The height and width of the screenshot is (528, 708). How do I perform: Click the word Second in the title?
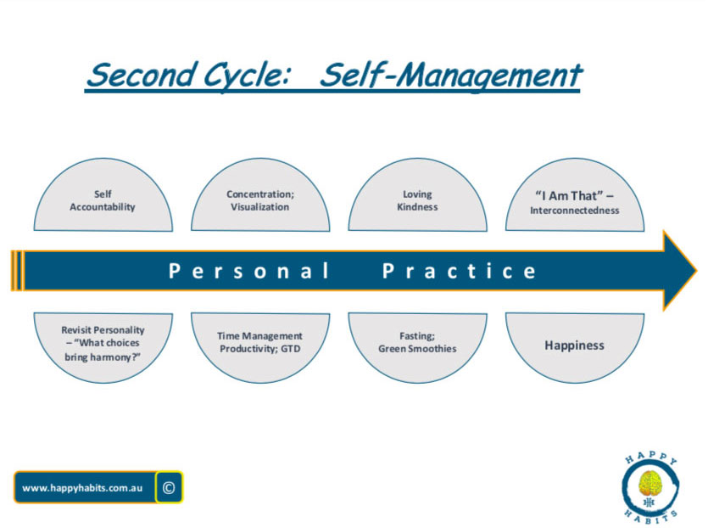pos(142,75)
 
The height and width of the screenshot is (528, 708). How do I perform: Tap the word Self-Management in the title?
pos(451,76)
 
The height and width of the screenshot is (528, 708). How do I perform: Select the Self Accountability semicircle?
pos(103,195)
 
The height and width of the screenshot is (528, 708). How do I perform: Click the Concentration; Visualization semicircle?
pos(260,195)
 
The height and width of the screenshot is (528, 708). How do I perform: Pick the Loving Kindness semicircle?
pos(417,195)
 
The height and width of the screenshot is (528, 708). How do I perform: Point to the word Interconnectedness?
pos(574,211)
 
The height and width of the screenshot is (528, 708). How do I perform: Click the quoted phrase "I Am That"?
pos(569,196)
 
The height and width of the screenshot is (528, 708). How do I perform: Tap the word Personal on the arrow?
pos(248,272)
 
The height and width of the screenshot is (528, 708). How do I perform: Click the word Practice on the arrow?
pos(460,272)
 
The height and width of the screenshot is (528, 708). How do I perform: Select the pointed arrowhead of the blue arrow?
pos(678,270)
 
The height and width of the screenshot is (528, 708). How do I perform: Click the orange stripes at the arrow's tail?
pos(17,270)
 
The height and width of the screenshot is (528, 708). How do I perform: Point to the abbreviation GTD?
pos(290,349)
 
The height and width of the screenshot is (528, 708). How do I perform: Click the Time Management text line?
pos(259,336)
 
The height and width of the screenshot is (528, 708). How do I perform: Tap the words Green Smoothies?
pos(417,349)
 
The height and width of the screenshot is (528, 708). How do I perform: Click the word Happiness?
pos(574,345)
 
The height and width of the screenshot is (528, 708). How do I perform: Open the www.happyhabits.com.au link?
pos(82,488)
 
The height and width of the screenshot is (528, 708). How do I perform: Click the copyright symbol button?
pos(169,487)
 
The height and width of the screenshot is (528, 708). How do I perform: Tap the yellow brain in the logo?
pos(650,483)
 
